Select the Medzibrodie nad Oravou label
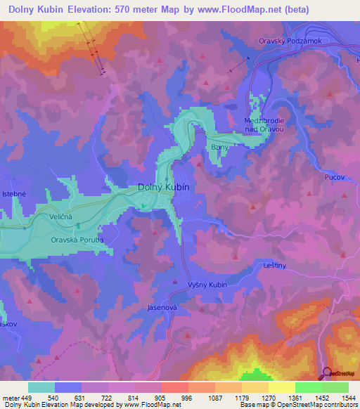tap(262, 124)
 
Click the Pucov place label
tap(335, 177)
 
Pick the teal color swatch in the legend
tap(41, 387)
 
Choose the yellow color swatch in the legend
tap(281, 387)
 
